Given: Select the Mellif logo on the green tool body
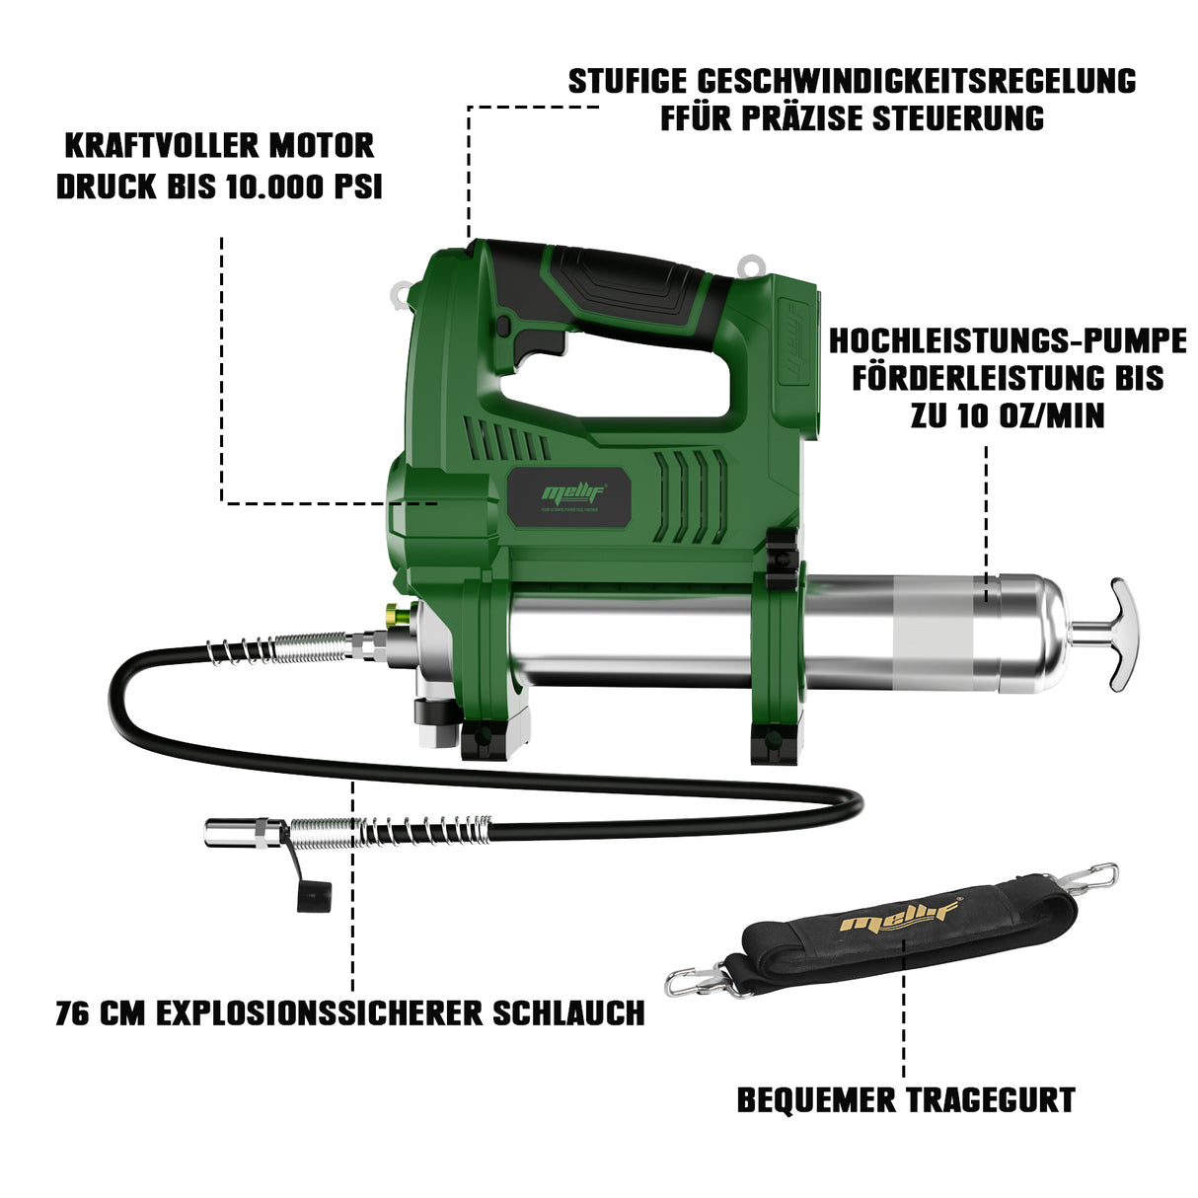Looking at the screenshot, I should (x=570, y=490).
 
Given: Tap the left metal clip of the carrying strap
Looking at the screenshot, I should (x=691, y=980).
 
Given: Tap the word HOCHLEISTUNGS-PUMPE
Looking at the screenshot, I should (x=1007, y=341).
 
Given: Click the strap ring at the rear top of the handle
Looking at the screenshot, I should (x=752, y=264).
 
